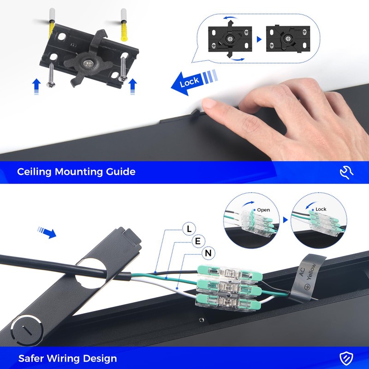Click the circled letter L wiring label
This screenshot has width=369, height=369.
(x=189, y=228)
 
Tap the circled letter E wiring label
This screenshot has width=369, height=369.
(x=198, y=241)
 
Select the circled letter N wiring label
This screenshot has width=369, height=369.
(x=208, y=253)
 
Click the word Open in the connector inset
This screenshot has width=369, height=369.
(x=263, y=210)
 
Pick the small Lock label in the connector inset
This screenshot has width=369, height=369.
(x=321, y=209)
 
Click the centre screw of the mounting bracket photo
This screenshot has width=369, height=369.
(x=88, y=64)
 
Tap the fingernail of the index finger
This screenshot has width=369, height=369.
(x=209, y=103)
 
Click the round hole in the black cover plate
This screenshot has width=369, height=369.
(x=91, y=273)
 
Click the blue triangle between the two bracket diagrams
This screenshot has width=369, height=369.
(x=259, y=39)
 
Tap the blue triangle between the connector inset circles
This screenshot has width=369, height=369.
(x=286, y=220)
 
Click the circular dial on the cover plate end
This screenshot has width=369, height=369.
(x=27, y=330)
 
